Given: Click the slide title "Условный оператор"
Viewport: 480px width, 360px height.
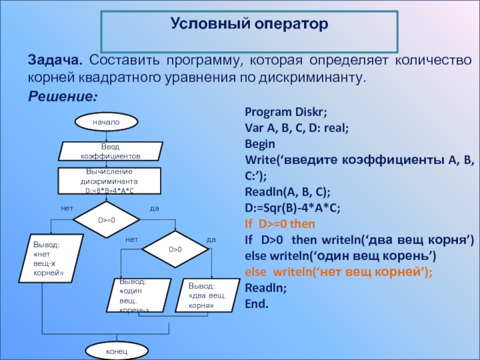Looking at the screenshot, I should pos(250,25).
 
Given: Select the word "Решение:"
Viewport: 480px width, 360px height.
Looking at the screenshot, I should pos(62,96).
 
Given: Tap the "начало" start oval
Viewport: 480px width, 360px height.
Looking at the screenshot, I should pos(106,122).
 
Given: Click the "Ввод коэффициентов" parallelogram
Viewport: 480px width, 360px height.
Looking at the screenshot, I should pos(110,151).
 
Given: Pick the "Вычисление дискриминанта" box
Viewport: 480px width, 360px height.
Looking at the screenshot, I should pos(110,180).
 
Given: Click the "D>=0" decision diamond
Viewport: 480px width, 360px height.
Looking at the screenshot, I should pos(106,220).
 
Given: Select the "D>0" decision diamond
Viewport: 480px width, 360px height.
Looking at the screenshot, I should pos(175,249).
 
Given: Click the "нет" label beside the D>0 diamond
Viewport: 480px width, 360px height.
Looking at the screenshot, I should pos(131,239).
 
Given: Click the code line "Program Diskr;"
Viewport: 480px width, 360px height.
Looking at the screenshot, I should pos(286,112).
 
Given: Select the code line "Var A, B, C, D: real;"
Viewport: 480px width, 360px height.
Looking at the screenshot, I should pos(297,128).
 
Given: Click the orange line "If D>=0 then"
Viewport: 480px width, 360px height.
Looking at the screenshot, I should pos(280,224).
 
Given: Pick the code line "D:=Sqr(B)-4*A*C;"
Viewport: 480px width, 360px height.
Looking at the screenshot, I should pos(293,208).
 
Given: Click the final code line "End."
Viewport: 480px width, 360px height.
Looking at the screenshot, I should pos(257,303).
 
